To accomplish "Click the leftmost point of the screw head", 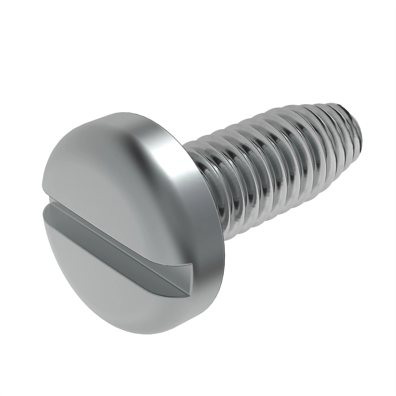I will coord(42,198).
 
